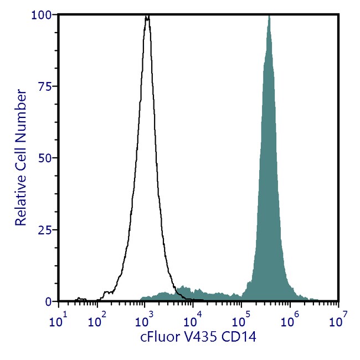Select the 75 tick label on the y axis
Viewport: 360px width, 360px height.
tap(48, 86)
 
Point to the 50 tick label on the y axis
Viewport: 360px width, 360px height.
tap(48, 158)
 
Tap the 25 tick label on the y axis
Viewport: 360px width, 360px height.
tap(48, 229)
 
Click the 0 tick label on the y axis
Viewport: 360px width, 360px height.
tap(50, 301)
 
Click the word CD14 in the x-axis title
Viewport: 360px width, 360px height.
tap(243, 335)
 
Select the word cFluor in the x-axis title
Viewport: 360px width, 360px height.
tap(160, 335)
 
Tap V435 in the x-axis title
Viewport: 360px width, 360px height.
tap(202, 335)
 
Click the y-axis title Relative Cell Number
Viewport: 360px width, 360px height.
tap(21, 158)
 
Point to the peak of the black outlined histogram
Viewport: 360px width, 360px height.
tap(147, 17)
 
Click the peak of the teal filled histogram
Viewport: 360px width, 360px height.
tap(269, 16)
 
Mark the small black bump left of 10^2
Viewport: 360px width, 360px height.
tap(78, 298)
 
